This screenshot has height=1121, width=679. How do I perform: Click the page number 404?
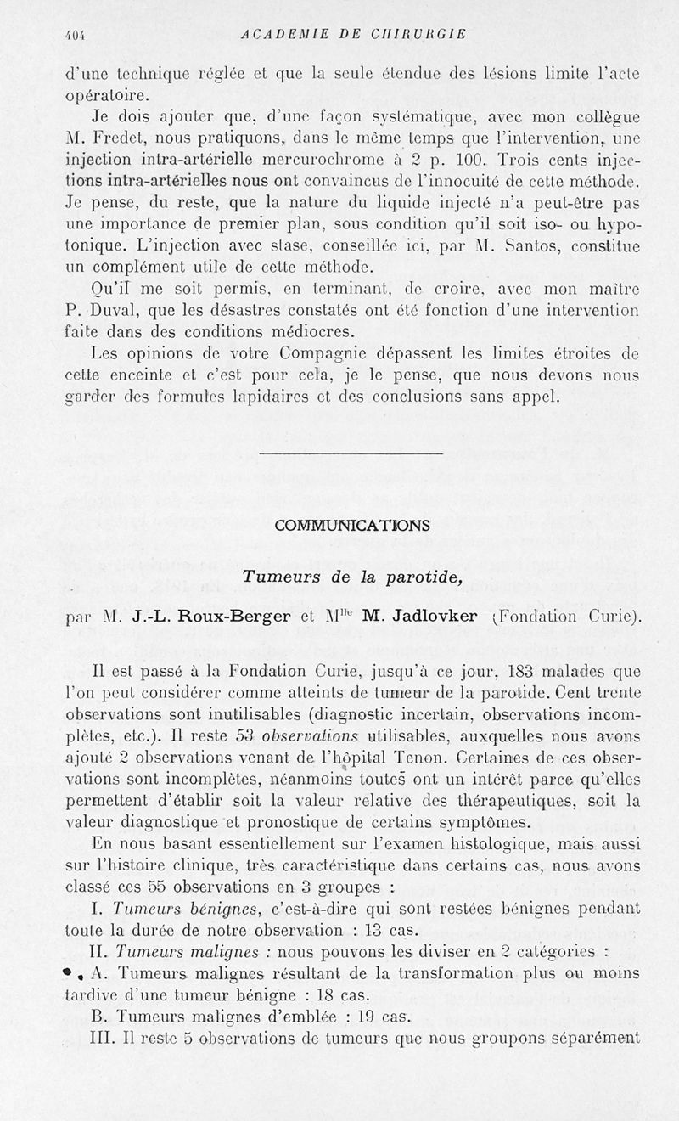tap(76, 35)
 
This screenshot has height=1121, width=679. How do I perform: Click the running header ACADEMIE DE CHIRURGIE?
tap(354, 35)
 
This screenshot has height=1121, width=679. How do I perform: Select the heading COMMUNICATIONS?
tap(352, 526)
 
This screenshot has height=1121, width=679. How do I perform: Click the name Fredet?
tap(122, 137)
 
